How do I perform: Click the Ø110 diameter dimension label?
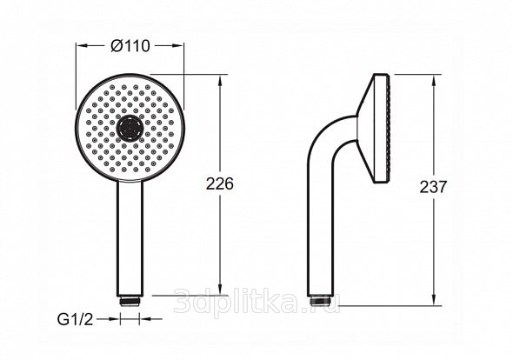130,46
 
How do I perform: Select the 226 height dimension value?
220,183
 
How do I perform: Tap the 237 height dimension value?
433,187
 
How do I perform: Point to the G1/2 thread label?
76,319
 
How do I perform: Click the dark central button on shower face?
130,128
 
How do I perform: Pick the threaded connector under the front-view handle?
130,301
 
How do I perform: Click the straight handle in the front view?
130,238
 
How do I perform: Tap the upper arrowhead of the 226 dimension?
220,81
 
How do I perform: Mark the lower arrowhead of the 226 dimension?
220,290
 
